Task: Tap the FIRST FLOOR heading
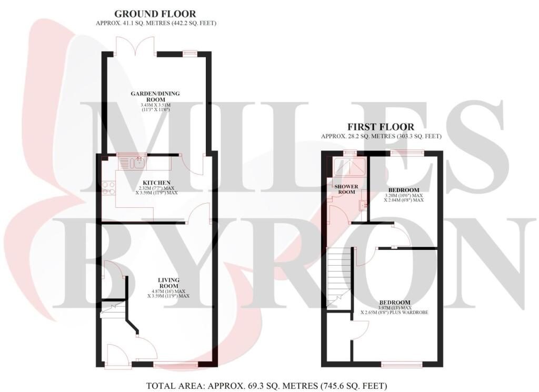381,127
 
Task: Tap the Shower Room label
346,189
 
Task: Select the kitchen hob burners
109,188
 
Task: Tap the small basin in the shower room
363,205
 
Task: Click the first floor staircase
337,279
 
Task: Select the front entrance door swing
116,354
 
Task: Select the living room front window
176,365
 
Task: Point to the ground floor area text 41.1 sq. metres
156,23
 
